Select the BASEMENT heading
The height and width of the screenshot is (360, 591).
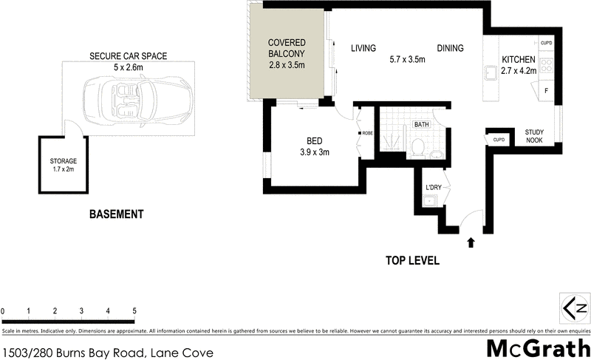click(116, 214)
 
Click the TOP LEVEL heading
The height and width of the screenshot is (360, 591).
click(413, 260)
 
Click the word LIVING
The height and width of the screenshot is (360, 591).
click(363, 49)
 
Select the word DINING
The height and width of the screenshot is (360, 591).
click(450, 49)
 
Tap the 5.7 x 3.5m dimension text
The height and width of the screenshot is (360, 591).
click(407, 60)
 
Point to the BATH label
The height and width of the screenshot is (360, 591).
click(422, 125)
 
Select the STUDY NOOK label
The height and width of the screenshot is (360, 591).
click(534, 136)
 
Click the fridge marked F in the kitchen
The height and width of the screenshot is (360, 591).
click(545, 91)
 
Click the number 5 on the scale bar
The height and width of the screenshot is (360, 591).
click(134, 310)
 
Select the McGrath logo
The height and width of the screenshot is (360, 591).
click(538, 347)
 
